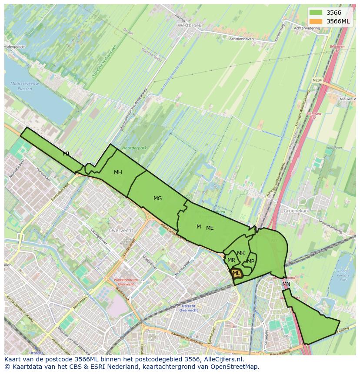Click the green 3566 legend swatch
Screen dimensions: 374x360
click(316, 13)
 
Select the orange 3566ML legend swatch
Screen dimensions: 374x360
click(316, 21)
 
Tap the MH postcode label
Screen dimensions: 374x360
click(118, 172)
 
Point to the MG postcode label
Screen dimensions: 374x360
click(157, 199)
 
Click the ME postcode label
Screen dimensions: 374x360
click(210, 228)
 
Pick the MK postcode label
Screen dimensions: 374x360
click(241, 253)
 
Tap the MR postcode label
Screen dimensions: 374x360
click(231, 260)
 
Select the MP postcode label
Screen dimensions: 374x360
click(250, 261)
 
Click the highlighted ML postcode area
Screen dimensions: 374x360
click(236, 273)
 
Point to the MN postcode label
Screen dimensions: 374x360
click(286, 284)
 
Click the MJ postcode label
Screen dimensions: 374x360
click(66, 154)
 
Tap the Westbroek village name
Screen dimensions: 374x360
click(190, 26)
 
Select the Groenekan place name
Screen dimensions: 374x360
click(295, 210)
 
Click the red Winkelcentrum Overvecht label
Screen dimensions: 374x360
click(126, 282)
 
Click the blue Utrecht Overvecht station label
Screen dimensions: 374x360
click(188, 308)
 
